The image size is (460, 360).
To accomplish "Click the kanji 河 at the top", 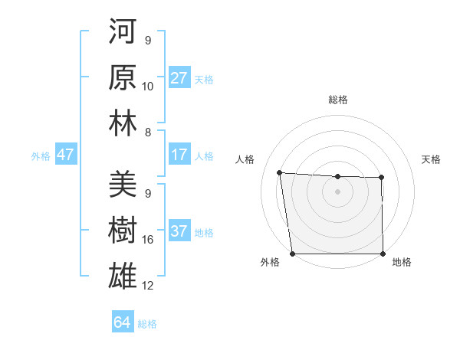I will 123,34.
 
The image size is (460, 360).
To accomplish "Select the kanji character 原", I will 123,78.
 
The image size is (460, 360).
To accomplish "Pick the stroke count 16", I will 148,240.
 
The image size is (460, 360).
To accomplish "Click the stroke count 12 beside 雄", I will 148,286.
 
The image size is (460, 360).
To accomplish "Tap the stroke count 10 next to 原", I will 148,87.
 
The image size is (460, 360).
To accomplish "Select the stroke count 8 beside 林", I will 148,132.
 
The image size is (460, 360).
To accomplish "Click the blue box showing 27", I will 179,78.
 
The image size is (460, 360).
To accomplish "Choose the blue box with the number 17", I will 179,155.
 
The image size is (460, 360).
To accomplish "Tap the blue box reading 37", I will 179,232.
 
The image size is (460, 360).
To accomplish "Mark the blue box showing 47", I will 66,155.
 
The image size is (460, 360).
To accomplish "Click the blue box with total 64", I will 122,322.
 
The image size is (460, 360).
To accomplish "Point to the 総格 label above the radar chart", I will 337,100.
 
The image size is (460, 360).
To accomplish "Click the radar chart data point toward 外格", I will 292,254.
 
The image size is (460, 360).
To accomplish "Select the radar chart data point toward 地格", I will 383,254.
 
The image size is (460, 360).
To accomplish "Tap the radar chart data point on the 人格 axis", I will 279,172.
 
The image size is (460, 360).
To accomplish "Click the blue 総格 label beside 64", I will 147,323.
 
